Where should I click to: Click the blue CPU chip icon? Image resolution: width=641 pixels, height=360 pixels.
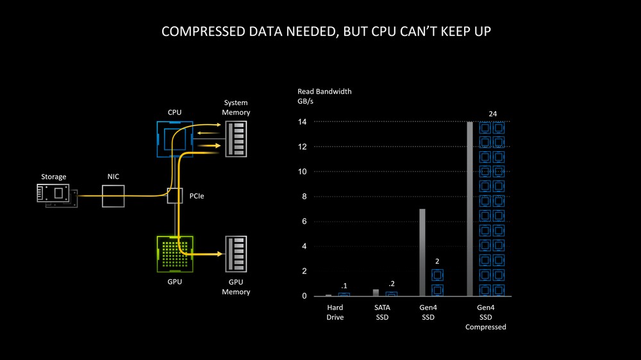(174, 139)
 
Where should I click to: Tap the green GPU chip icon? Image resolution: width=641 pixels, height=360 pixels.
(175, 254)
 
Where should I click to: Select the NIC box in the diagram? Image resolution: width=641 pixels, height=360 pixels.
(113, 196)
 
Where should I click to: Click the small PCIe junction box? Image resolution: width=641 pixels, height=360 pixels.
(175, 196)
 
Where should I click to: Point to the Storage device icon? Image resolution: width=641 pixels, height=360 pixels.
(57, 195)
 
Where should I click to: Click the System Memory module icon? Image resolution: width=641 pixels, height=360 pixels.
(236, 139)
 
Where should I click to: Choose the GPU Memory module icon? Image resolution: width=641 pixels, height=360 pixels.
(236, 254)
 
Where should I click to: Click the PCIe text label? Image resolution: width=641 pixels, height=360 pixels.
(197, 196)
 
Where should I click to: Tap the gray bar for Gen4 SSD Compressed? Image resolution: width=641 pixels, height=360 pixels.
(470, 209)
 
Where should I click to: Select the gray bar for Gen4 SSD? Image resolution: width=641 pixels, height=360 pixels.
(422, 252)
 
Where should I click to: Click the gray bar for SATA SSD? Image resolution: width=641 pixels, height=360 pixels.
(376, 293)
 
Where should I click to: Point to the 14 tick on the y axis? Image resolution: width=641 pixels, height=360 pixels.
(302, 122)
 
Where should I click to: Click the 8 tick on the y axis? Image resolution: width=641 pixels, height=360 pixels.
(304, 197)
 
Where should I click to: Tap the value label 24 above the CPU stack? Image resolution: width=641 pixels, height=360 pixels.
(492, 114)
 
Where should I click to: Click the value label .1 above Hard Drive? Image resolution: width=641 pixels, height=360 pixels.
(344, 286)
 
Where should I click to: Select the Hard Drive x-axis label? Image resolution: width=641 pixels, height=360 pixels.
(335, 312)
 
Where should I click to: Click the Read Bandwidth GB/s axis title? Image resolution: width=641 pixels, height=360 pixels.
(324, 96)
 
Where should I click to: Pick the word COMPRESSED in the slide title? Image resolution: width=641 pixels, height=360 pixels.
(203, 31)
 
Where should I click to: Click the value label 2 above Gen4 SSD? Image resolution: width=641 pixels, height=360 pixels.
(437, 261)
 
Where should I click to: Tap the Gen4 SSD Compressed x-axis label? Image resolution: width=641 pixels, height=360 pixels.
(486, 317)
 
